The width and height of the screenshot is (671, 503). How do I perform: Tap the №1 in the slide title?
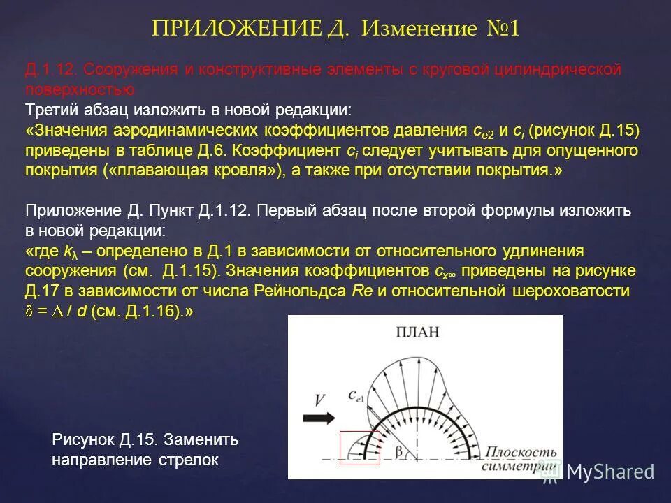coord(501,29)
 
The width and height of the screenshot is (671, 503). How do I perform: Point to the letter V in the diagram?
coord(319,400)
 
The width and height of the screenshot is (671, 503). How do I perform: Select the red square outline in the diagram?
coord(359,448)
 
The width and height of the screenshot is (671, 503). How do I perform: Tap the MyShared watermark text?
coord(610,472)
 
